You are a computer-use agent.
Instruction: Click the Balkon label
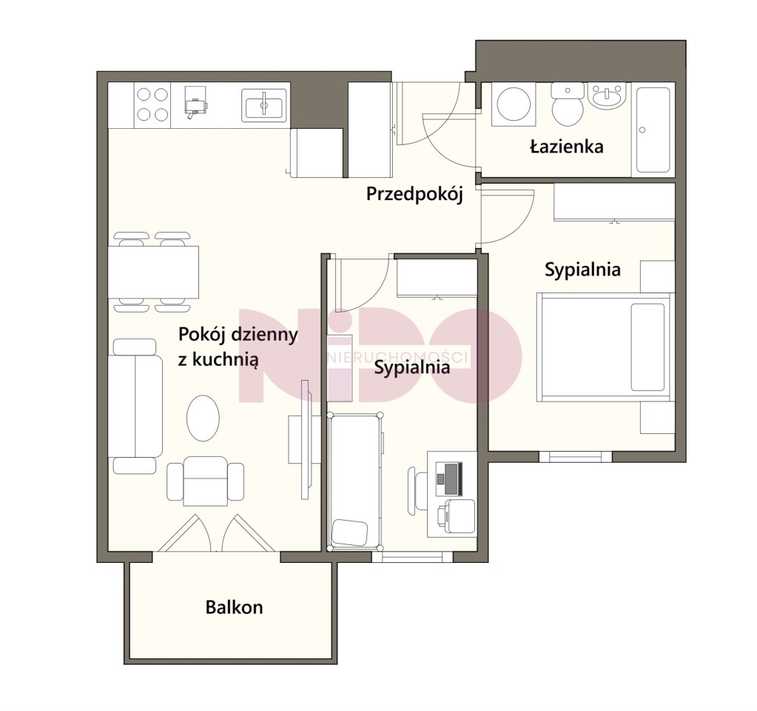pos(234,607)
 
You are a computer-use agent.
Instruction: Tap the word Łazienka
pos(567,146)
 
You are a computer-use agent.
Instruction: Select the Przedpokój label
pos(414,194)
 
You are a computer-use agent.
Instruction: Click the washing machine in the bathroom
pos(514,105)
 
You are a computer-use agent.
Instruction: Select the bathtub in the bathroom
pos(653,130)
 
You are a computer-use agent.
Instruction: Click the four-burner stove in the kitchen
pos(152,104)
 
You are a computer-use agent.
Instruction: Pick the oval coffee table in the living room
pos(203,418)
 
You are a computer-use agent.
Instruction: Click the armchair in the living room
pos(205,481)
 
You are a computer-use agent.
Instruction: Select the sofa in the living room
pos(135,406)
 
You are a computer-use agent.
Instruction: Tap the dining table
pos(153,272)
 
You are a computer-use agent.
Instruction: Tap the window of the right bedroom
pos(576,456)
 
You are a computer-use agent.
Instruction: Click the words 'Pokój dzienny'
pos(238,335)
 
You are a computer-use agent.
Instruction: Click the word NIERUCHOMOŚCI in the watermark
pos(398,357)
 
